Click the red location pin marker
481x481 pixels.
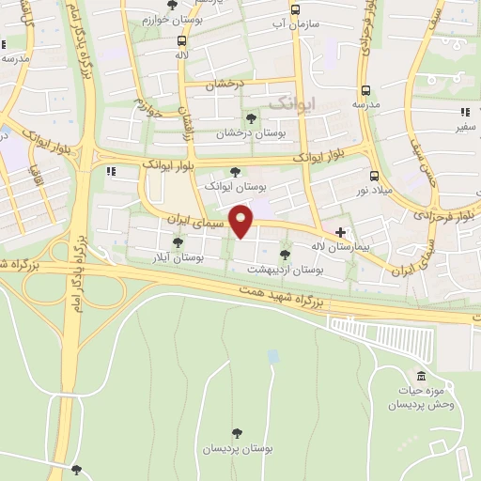241,222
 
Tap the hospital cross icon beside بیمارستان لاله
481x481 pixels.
340,232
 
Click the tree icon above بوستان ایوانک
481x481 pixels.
235,171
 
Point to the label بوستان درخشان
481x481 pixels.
250,133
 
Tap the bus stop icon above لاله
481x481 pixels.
181,40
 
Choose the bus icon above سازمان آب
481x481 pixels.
295,10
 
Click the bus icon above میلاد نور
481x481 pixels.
374,176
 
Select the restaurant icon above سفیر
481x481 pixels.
463,112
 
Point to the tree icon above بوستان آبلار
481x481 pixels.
178,242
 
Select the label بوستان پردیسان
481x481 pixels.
238,449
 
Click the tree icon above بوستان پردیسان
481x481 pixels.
237,434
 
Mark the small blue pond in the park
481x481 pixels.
272,357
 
